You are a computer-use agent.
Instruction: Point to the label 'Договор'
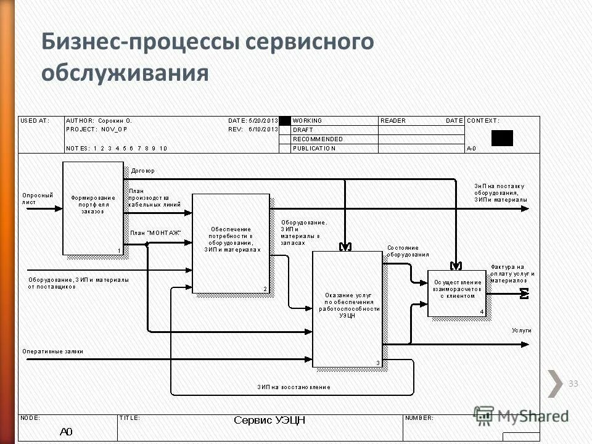point(142,171)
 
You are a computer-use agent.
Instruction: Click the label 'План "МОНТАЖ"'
point(155,232)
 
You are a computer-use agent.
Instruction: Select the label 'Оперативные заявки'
point(52,351)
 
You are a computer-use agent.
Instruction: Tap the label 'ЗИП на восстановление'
point(294,387)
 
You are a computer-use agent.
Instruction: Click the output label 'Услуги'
point(521,331)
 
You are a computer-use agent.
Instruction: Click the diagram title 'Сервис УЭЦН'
point(269,421)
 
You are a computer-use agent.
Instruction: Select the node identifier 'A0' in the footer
point(66,432)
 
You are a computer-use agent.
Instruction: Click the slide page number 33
point(573,384)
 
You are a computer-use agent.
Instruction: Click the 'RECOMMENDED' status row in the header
point(318,139)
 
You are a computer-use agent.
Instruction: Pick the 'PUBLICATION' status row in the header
point(314,148)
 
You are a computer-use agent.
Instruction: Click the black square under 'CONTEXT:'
point(502,138)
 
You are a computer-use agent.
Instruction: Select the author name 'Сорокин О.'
point(115,121)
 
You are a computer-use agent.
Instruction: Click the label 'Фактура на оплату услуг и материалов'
point(512,273)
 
